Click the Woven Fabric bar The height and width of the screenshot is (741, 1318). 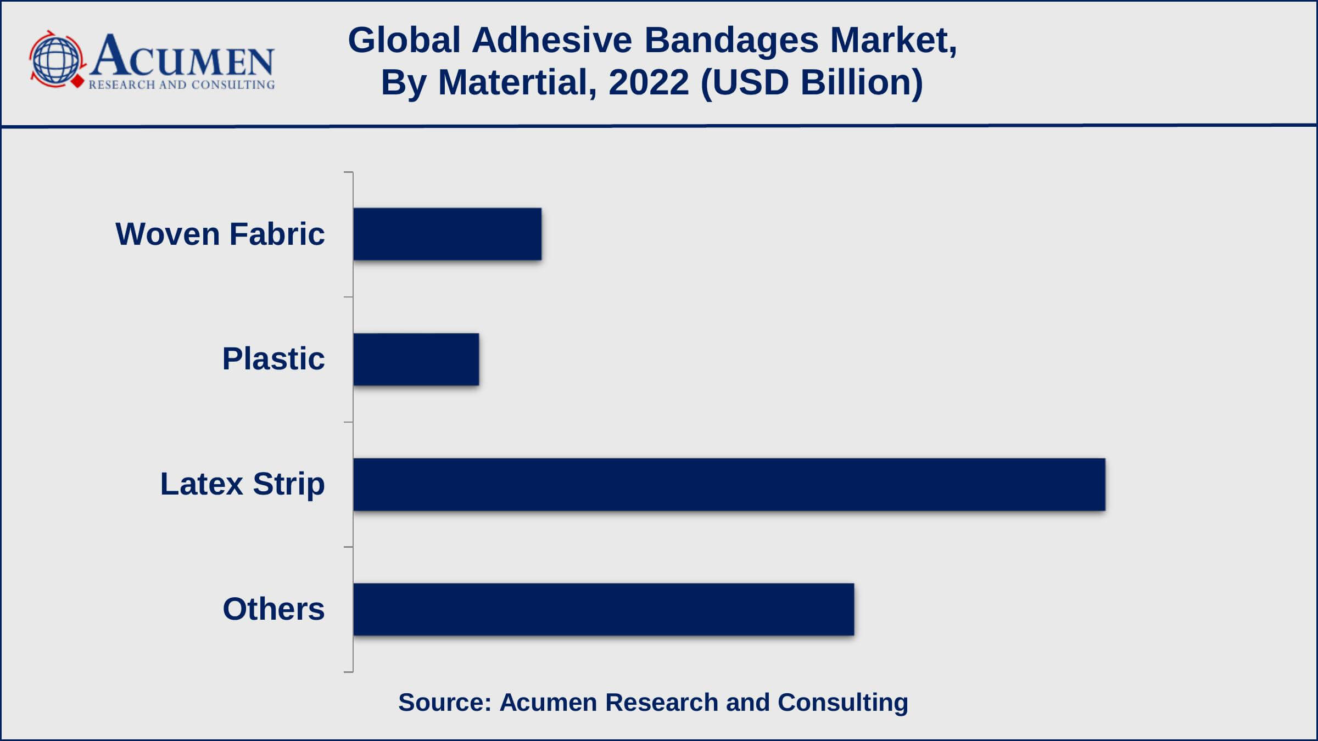447,234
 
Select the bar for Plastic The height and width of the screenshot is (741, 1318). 416,359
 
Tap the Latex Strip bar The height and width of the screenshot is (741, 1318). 729,484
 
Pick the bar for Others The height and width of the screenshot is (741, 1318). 604,609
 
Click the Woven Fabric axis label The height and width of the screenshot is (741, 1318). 220,234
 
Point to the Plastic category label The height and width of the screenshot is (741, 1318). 273,359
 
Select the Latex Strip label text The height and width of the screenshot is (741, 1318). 242,484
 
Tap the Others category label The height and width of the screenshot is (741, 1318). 273,609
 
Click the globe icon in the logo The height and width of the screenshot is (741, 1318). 55,59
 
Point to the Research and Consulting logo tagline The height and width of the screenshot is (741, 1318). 182,85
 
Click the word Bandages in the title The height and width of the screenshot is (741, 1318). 731,41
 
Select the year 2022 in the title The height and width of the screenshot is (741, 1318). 649,82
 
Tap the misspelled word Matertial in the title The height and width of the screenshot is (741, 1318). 517,82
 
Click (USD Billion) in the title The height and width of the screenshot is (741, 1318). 812,82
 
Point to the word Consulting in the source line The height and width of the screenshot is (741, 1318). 843,703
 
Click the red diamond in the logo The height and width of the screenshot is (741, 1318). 78,82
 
